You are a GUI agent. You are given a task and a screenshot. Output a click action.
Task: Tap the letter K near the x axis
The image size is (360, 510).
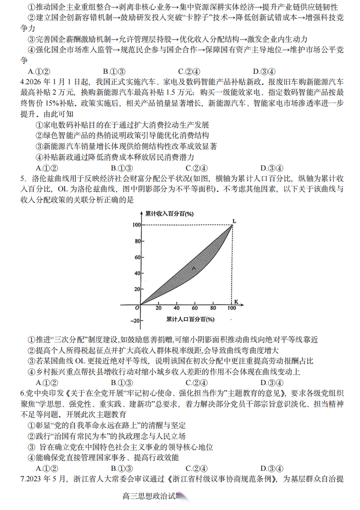click(x=236, y=302)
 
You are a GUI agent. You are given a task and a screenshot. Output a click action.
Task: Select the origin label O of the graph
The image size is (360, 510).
click(x=136, y=308)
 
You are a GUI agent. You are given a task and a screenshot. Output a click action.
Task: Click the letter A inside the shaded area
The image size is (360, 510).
click(x=194, y=268)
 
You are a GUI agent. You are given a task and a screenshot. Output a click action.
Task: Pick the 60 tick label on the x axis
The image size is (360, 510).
click(x=195, y=308)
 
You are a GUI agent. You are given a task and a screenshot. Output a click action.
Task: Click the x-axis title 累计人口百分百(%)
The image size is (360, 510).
click(x=187, y=320)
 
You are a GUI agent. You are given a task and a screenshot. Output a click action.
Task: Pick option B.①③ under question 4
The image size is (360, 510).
click(x=118, y=168)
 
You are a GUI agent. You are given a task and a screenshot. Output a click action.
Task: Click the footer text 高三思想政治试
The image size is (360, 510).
click(x=149, y=496)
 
